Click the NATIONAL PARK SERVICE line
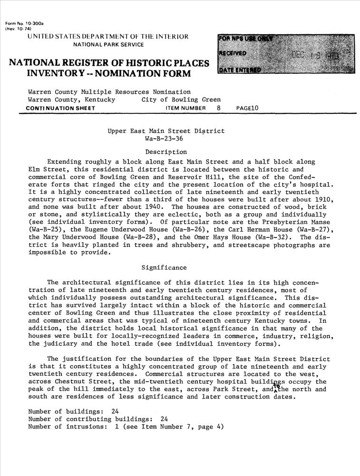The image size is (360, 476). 108,45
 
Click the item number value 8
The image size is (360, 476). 219,108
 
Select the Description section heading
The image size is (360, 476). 166,152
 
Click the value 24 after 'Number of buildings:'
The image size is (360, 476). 115,411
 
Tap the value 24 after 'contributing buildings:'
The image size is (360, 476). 165,419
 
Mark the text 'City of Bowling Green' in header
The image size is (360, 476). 181,100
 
